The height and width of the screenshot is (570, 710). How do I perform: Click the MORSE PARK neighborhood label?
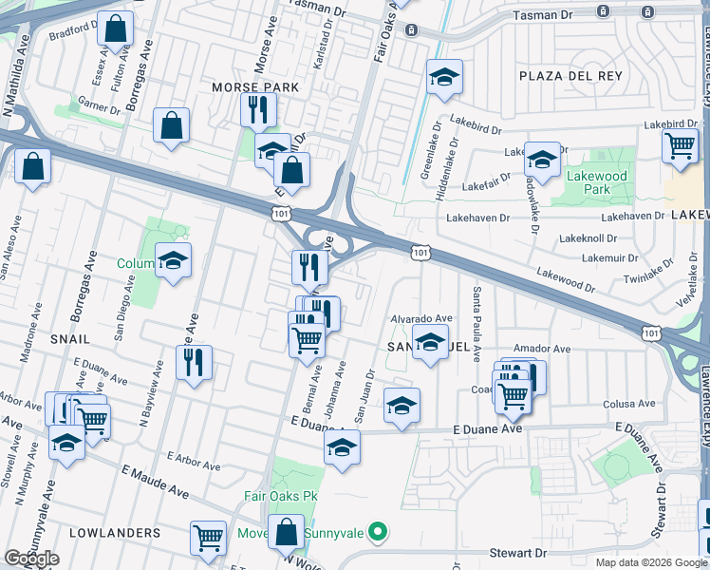(254, 87)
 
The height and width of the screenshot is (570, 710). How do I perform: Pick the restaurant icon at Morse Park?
(257, 109)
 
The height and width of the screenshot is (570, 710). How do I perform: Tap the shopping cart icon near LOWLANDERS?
(208, 538)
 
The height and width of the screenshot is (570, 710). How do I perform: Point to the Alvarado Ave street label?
(421, 318)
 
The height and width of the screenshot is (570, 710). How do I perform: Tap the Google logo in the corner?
(31, 559)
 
